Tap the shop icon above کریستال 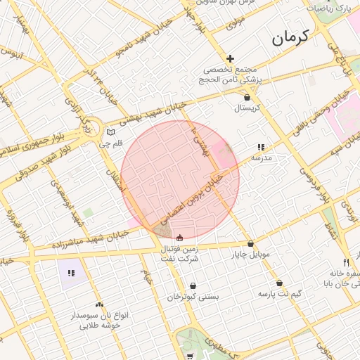tap(247, 98)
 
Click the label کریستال tap(247, 108)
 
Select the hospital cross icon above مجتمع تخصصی tap(230, 58)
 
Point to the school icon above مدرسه tap(261, 148)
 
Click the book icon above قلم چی tap(110, 132)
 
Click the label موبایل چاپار tap(251, 255)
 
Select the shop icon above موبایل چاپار tap(251, 244)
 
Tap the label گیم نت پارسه tap(279, 293)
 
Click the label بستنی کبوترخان tap(193, 297)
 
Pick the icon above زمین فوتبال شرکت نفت tap(180, 237)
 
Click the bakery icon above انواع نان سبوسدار tap(99, 304)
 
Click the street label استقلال tap(114, 179)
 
